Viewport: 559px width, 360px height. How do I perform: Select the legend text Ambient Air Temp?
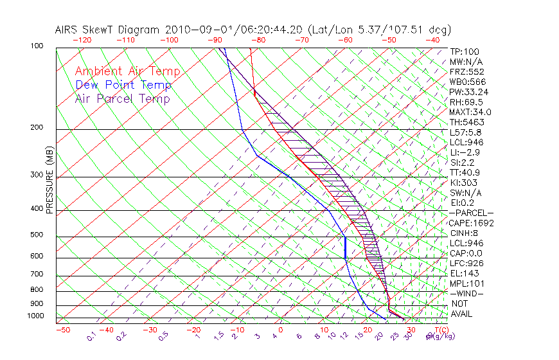click(x=127, y=71)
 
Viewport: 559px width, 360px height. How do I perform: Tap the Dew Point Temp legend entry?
click(x=123, y=85)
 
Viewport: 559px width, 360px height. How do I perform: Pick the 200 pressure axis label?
click(x=37, y=127)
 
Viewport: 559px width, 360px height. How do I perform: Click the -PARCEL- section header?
click(x=471, y=213)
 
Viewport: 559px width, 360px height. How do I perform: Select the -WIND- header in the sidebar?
click(x=466, y=293)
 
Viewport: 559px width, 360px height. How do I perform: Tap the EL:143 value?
click(x=464, y=273)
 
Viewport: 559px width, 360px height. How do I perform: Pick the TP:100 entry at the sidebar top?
click(x=464, y=52)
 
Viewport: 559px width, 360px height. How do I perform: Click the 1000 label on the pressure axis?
click(x=36, y=316)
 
